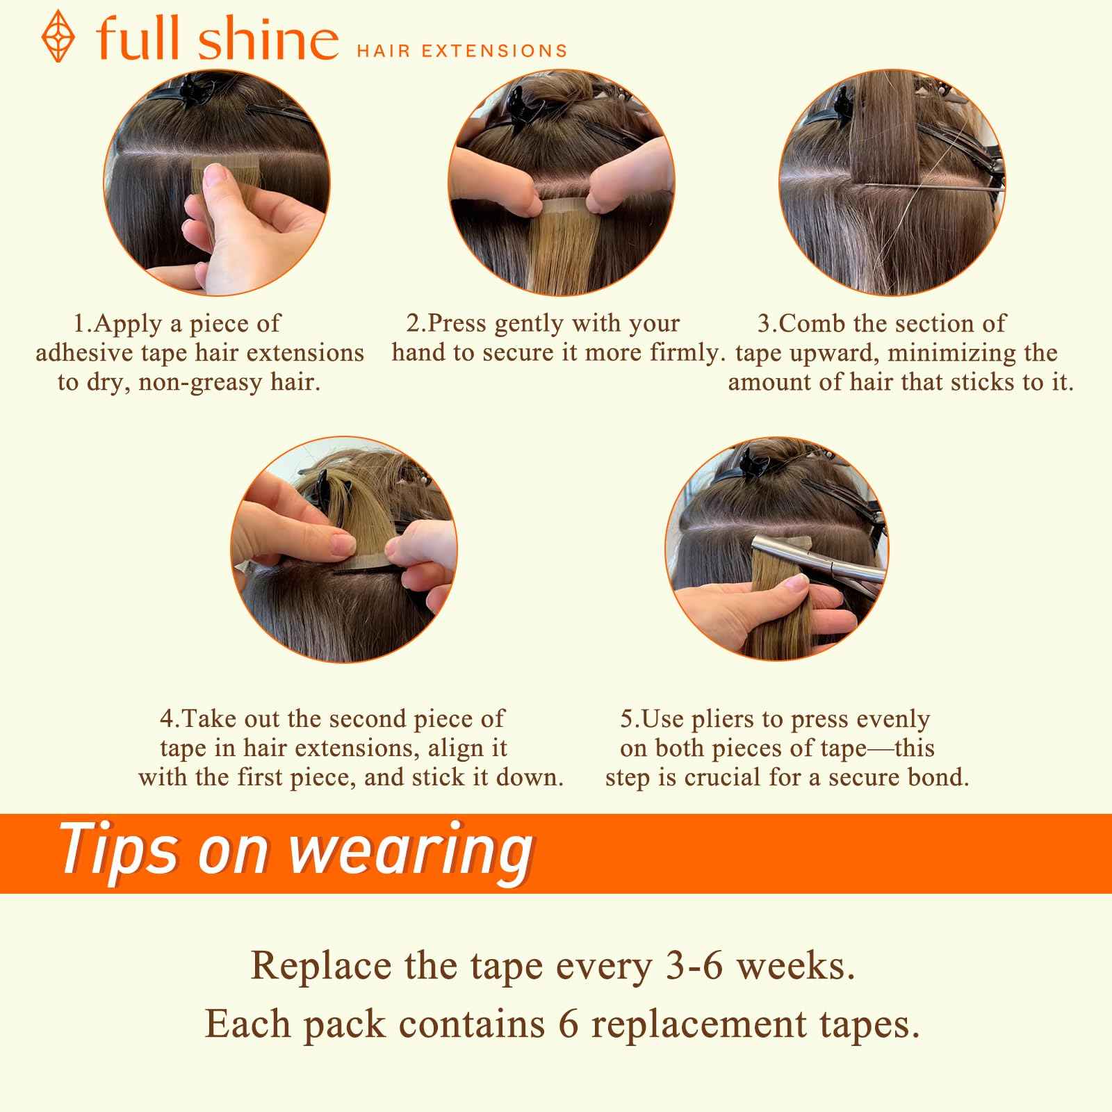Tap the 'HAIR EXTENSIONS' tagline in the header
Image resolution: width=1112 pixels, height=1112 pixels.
point(461,51)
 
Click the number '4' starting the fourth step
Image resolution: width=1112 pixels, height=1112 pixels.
point(165,719)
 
